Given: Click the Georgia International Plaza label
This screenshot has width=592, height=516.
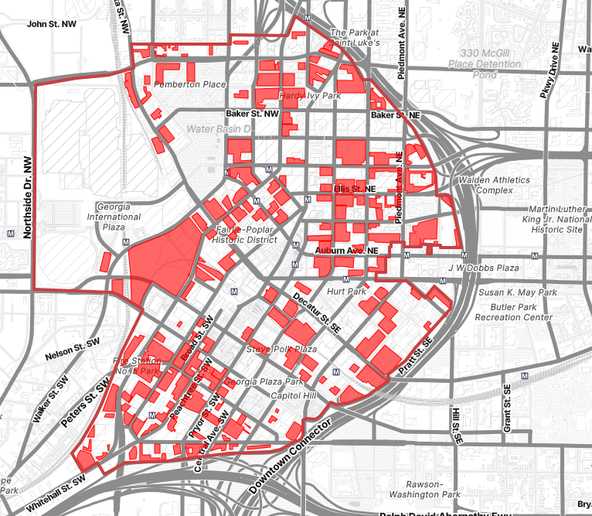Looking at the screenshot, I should click(x=118, y=217).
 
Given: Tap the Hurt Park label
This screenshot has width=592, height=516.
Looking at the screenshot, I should click(x=346, y=292).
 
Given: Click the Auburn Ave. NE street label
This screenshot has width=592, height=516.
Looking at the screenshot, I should click(x=347, y=251).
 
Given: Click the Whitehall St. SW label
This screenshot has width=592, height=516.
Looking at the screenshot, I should click(x=55, y=494).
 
